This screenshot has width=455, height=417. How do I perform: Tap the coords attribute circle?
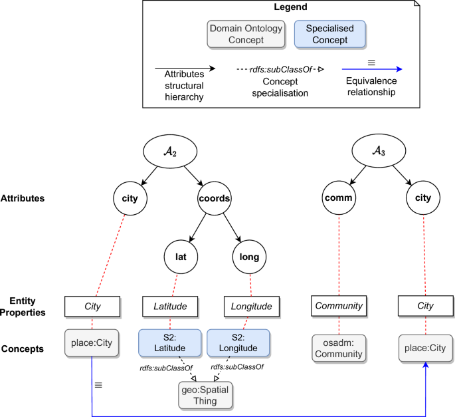[x=215, y=198]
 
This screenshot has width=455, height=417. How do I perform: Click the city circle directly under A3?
[x=423, y=198]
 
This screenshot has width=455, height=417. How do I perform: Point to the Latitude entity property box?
[x=171, y=306]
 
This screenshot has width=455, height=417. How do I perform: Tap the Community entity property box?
[x=339, y=306]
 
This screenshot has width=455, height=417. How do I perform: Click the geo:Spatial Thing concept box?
[x=207, y=394]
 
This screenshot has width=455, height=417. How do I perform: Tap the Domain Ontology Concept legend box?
[x=246, y=35]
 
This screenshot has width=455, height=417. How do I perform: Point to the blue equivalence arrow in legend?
[x=371, y=69]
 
